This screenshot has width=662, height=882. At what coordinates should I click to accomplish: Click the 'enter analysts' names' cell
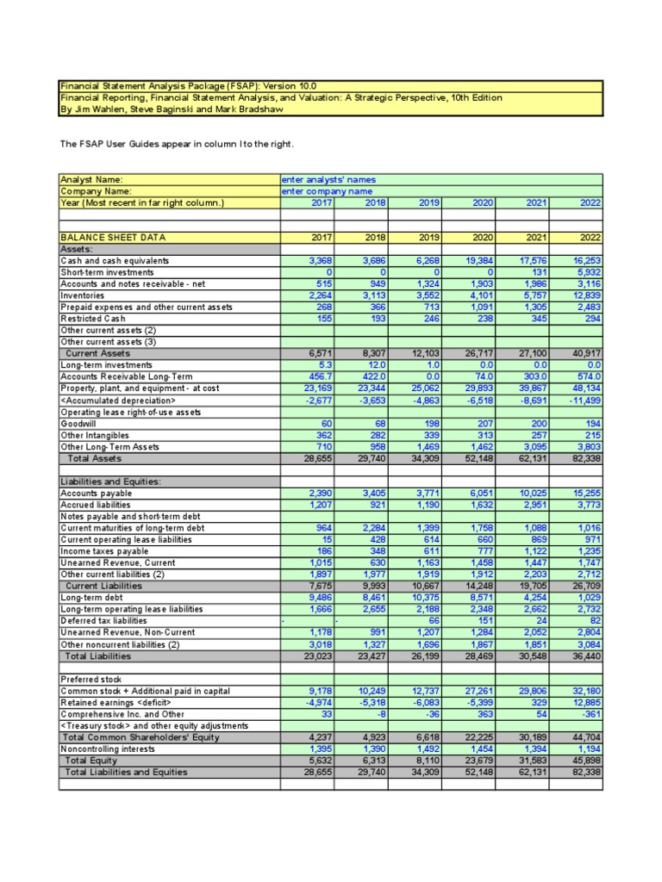tap(328, 179)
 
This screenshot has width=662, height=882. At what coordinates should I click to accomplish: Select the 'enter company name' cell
tap(327, 190)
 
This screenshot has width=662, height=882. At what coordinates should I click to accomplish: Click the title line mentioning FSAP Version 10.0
tap(188, 86)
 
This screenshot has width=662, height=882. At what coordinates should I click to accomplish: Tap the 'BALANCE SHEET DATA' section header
tap(113, 238)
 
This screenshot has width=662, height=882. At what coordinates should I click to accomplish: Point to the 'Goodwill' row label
tap(78, 424)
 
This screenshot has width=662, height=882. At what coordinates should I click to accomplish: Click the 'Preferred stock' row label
tap(91, 679)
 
